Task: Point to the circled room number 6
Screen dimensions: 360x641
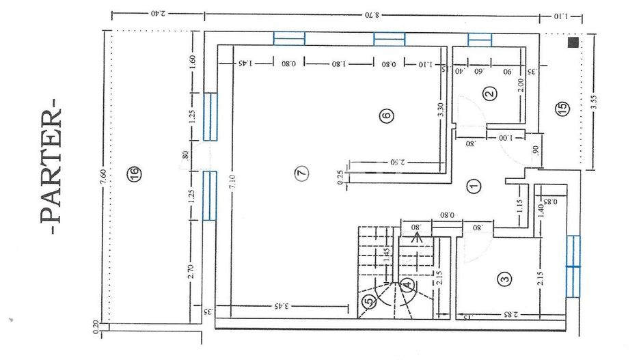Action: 386,115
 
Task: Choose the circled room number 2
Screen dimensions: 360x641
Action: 489,94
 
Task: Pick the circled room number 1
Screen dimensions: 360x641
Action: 473,185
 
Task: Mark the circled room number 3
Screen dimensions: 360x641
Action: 504,278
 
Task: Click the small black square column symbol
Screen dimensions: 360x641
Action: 572,42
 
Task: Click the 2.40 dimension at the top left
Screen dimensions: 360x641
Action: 160,13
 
